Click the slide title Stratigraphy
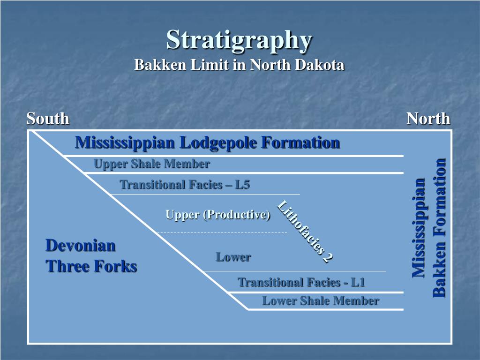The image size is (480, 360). [239, 39]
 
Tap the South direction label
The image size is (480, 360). [48, 119]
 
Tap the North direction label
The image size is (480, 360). [428, 119]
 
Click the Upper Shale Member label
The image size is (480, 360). [151, 164]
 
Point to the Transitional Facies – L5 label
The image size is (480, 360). [185, 185]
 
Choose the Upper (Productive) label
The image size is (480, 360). [218, 215]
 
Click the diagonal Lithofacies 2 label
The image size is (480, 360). [305, 231]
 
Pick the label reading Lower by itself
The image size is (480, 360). [233, 257]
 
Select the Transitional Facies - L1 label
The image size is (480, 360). [301, 282]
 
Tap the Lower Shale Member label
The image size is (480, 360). [320, 301]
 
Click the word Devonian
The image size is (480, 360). [80, 245]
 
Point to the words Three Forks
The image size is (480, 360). [91, 266]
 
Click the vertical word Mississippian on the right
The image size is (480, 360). [418, 227]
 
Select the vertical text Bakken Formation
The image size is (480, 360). [439, 227]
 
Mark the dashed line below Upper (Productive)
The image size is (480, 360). [221, 232]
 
